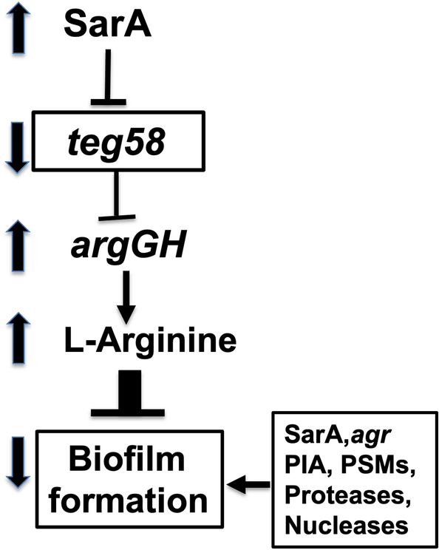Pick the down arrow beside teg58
coord(17,141)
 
